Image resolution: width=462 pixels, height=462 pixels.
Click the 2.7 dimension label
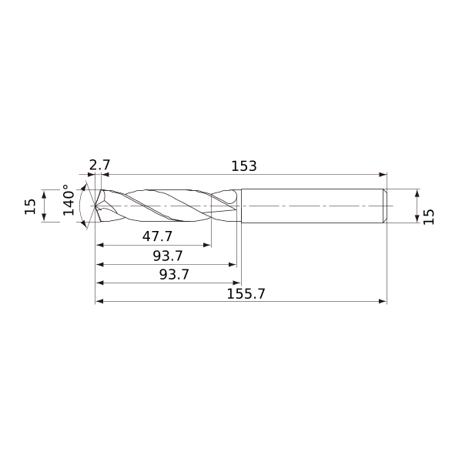coord(99,166)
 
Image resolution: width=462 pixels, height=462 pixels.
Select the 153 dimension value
coord(244,166)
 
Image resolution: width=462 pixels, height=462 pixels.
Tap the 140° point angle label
coord(69,200)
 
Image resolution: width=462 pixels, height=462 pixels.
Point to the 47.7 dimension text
coord(157,236)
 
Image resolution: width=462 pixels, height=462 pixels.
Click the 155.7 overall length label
coord(246,294)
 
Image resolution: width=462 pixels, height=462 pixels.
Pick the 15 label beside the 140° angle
coord(30,206)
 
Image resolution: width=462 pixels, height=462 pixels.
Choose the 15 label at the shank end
coord(428,217)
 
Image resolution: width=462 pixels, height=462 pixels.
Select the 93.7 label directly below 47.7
coord(168,256)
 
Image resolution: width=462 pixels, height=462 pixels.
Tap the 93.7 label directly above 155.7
coord(174,274)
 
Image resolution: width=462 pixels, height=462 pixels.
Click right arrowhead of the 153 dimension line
coord(383,175)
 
